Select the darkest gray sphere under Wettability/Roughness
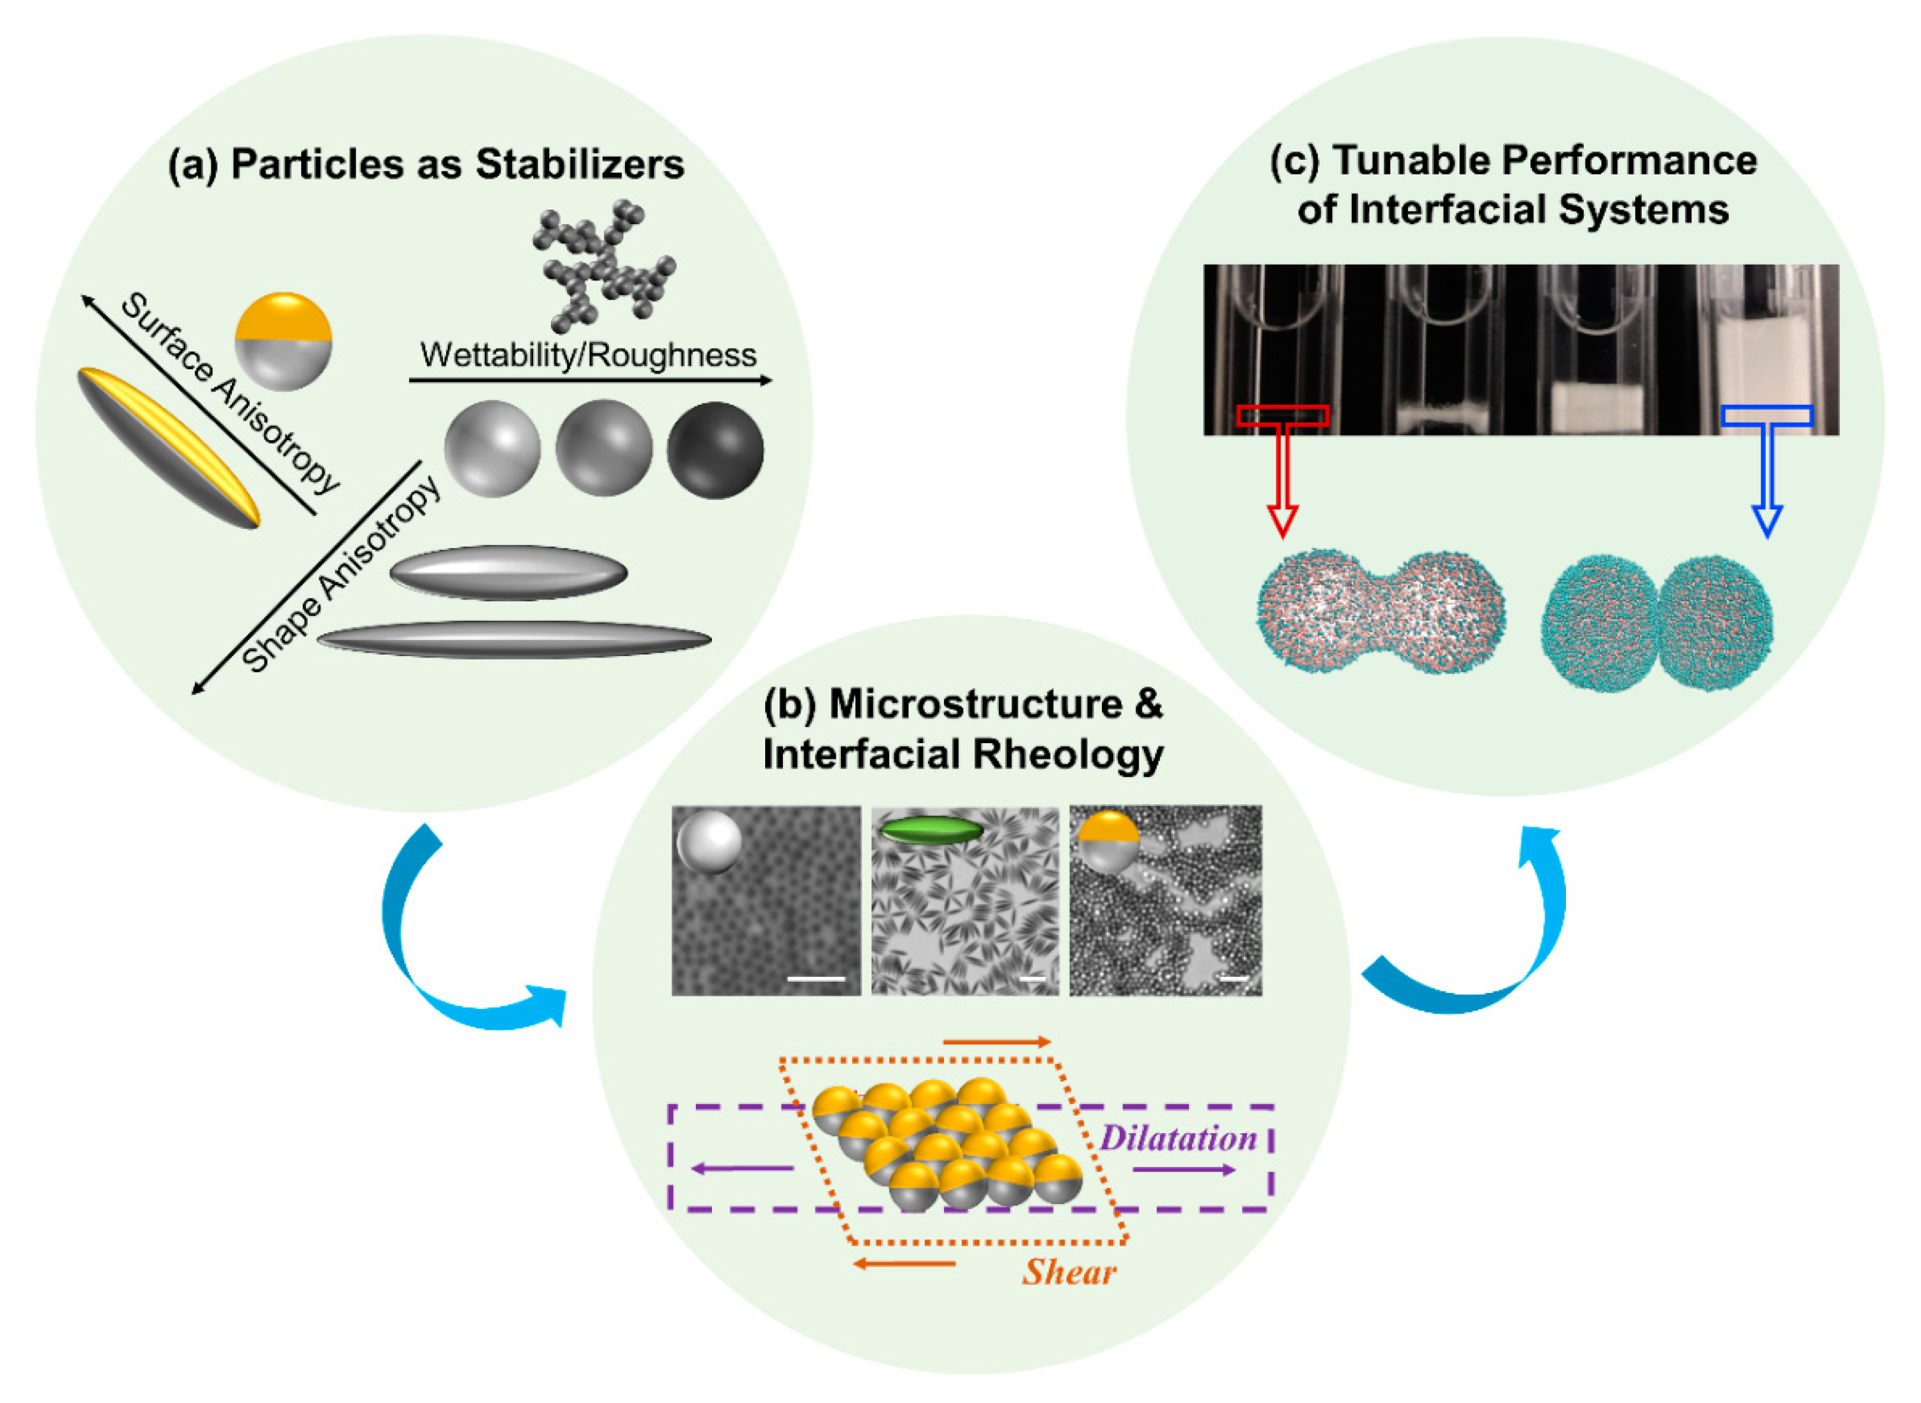[x=715, y=450]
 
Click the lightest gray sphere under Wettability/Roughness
[x=492, y=449]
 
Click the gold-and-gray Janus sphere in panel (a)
[x=283, y=341]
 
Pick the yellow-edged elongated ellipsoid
[x=168, y=447]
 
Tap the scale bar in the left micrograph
[x=816, y=979]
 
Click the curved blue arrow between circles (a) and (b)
[x=441, y=943]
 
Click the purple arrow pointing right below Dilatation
[x=1183, y=1170]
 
